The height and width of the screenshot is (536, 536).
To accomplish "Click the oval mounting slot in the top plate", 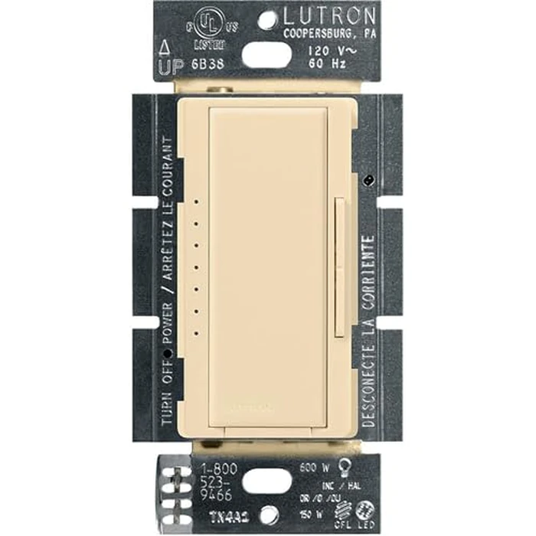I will [267, 55].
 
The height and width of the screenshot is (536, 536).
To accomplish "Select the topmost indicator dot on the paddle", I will [198, 202].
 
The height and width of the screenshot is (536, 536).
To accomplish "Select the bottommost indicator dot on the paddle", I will [198, 332].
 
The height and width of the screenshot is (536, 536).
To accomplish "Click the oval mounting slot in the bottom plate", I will [267, 481].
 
